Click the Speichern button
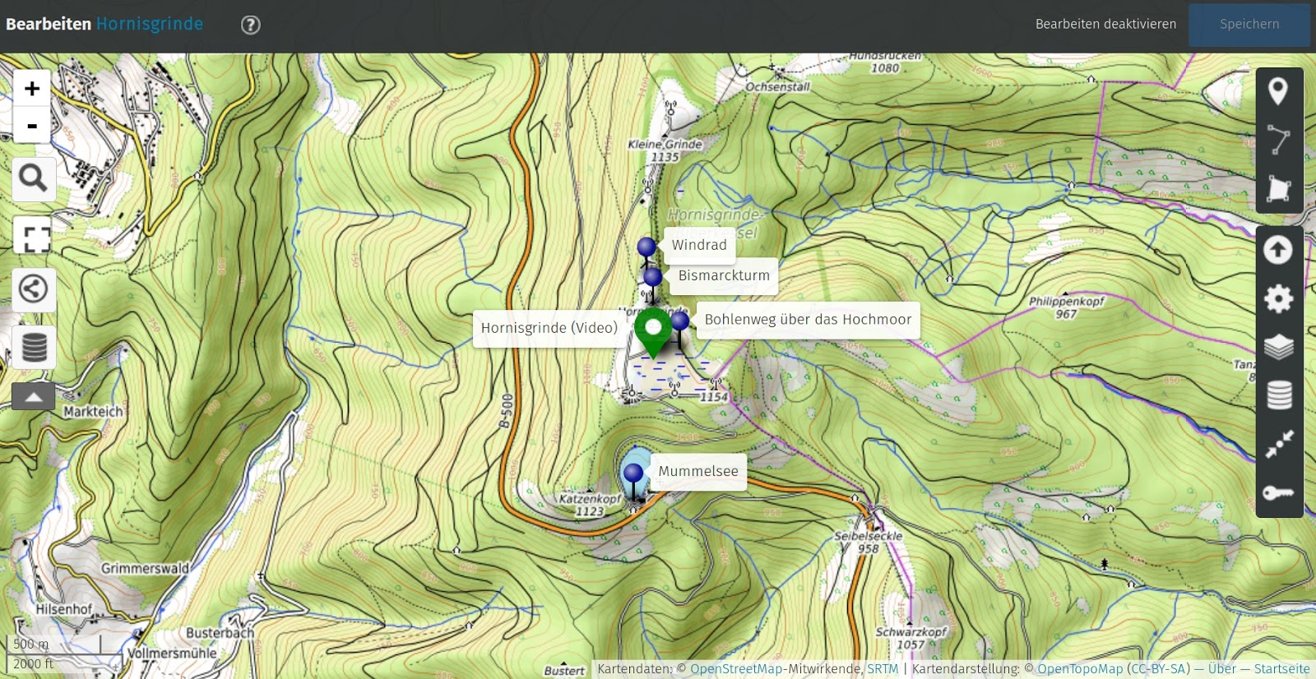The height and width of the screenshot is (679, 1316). [x=1249, y=25]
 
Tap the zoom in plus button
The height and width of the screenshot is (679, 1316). [x=32, y=89]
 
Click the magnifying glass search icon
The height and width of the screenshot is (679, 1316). [x=33, y=178]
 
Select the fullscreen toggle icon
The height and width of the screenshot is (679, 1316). [x=34, y=239]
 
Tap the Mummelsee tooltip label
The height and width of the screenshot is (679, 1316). [x=698, y=472]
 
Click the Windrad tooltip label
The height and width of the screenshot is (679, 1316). [x=699, y=245]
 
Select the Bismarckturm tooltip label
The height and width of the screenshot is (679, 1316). [x=724, y=276]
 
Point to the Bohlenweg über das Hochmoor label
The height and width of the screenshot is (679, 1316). [x=808, y=320]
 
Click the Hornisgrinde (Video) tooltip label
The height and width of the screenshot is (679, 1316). [x=549, y=328]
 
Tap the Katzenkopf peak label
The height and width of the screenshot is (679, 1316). [x=590, y=499]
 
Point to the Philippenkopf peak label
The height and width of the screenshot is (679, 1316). [x=1066, y=302]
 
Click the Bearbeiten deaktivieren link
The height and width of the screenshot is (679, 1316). [x=1105, y=25]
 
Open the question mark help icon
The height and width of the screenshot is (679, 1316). [x=251, y=25]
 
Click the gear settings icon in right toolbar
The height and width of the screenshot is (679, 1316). [x=1278, y=298]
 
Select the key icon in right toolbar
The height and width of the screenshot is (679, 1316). [x=1278, y=493]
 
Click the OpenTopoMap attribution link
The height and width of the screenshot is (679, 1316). [x=1079, y=669]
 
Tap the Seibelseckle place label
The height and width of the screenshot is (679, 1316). [x=868, y=536]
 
